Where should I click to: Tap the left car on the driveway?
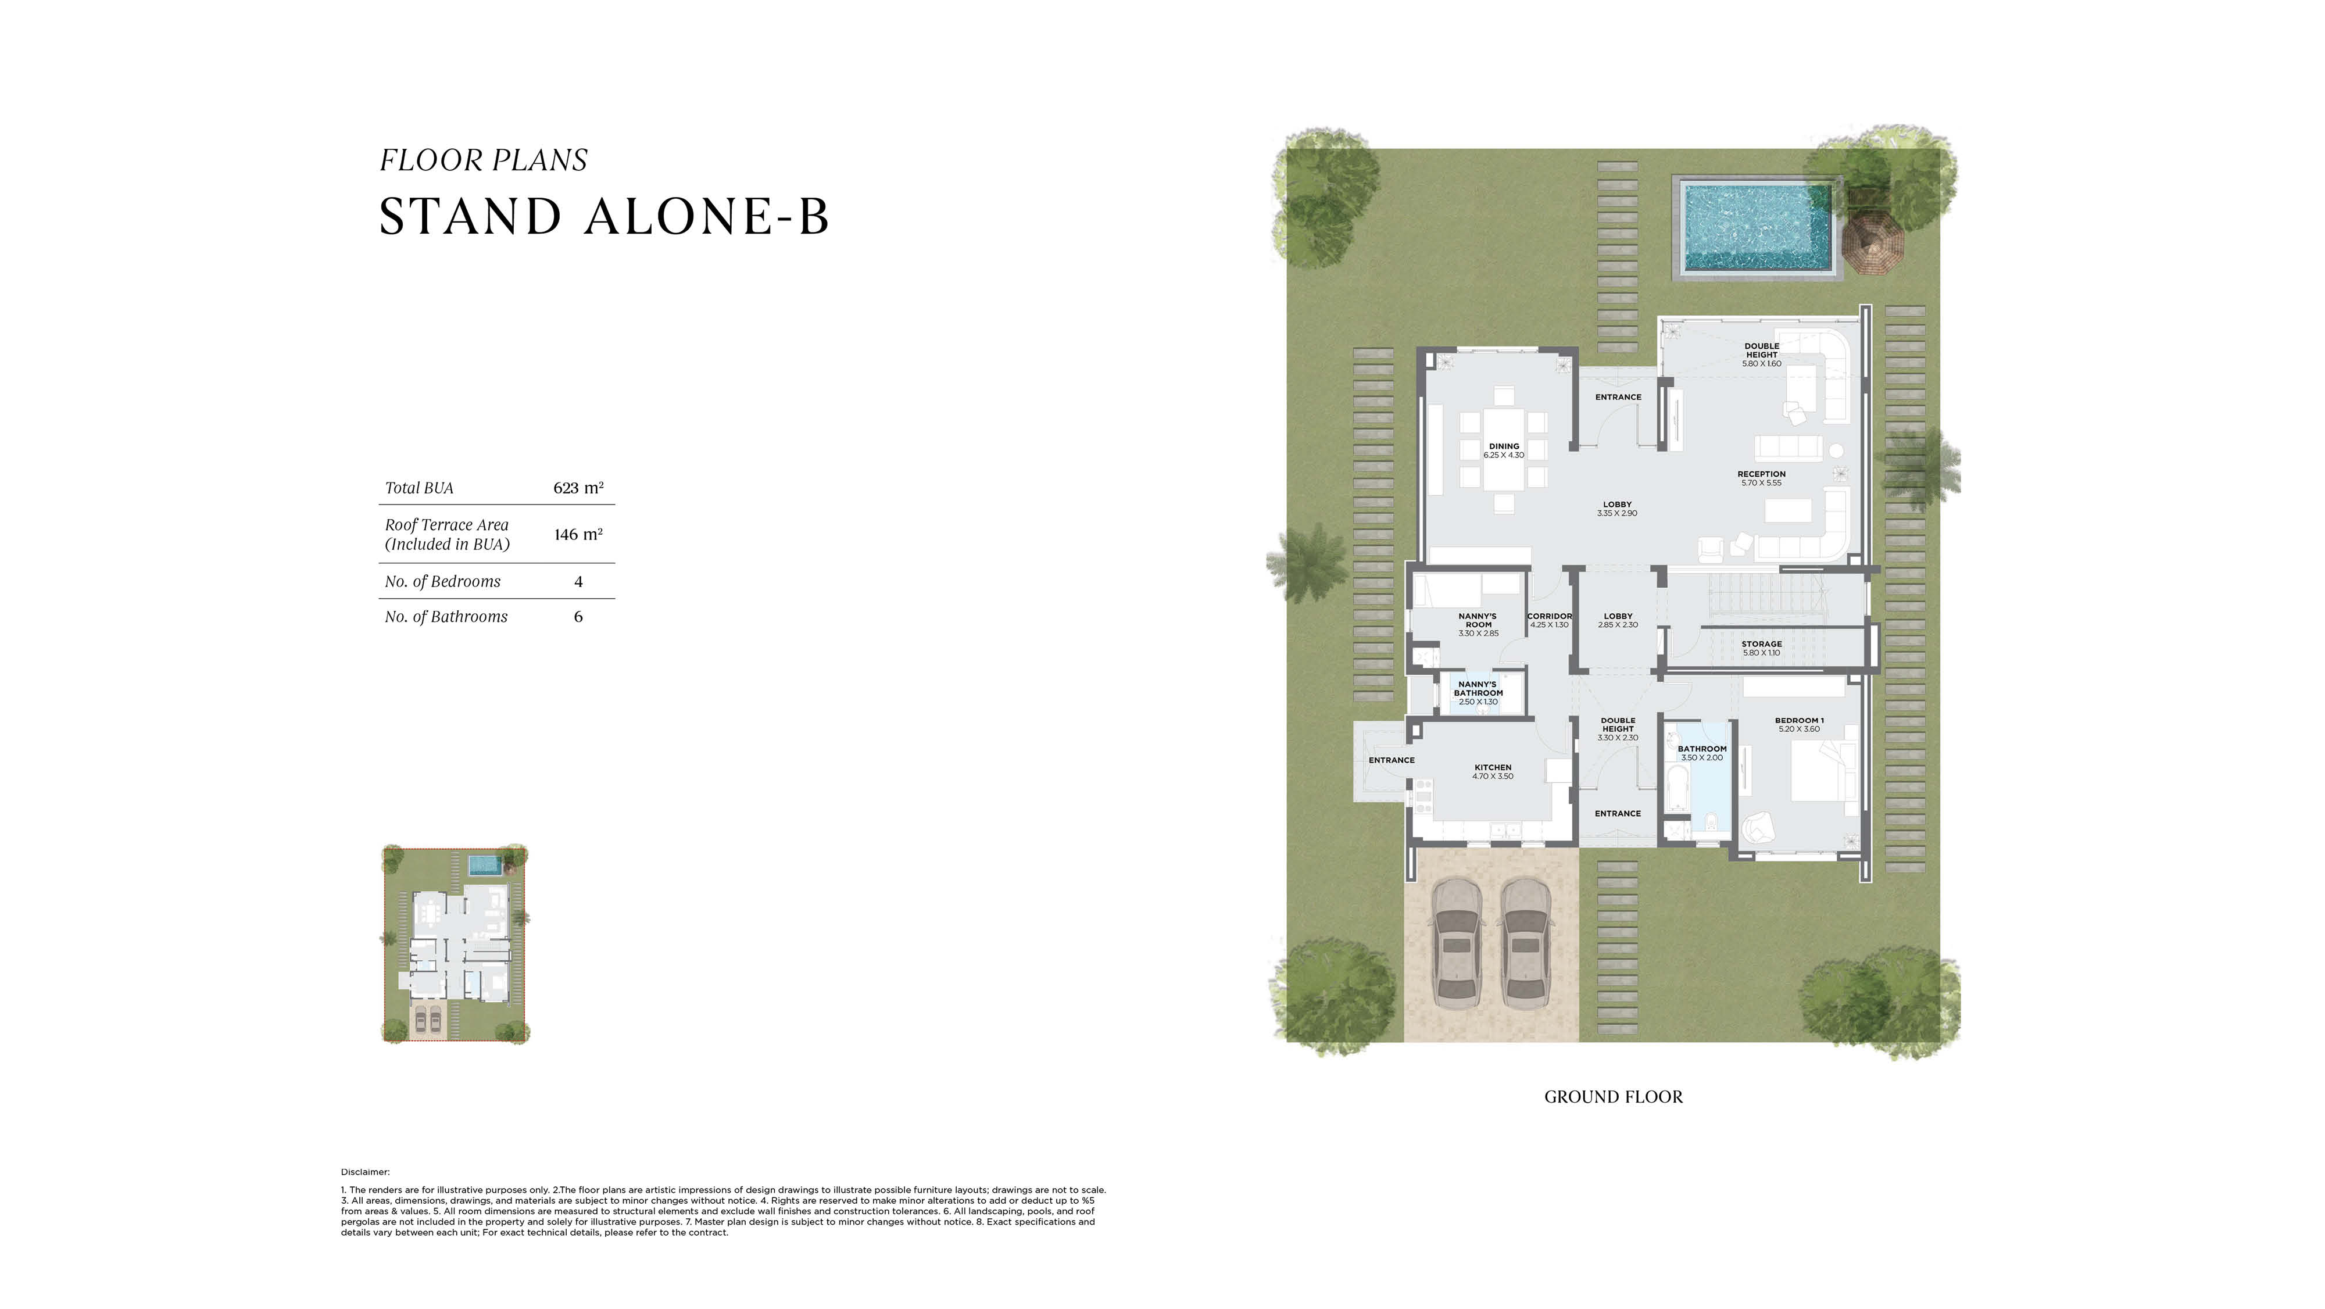1454,945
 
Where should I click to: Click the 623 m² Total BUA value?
578,488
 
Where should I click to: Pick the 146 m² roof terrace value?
578,534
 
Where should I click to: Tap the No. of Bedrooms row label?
442,581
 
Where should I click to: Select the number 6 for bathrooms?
578,617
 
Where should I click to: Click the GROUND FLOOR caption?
1613,1097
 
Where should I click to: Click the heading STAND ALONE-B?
603,217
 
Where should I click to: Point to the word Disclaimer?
364,1172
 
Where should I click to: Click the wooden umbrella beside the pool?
1872,239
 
